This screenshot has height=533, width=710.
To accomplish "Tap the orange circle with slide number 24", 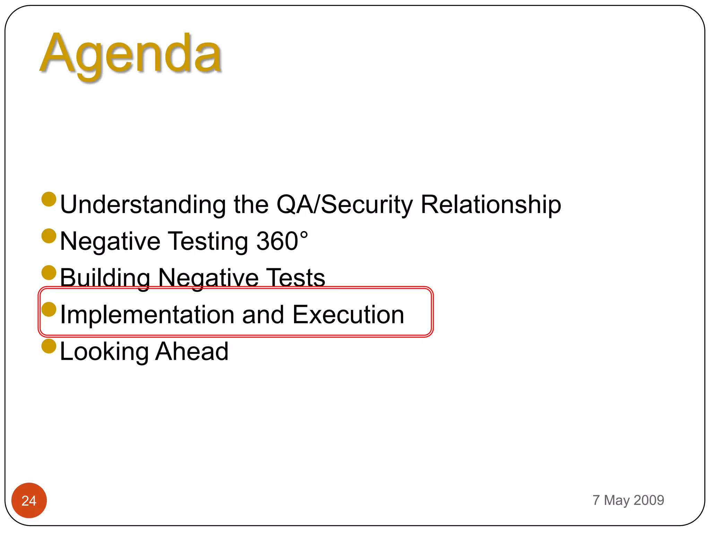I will point(29,500).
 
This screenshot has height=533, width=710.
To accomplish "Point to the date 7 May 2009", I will point(628,500).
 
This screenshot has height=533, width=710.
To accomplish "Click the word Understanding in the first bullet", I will point(143,204).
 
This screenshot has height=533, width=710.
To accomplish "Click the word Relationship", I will point(491,204).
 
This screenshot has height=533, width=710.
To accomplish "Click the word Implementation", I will point(147,314).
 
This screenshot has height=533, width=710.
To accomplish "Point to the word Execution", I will point(348,314).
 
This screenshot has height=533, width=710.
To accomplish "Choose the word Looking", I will point(104,352).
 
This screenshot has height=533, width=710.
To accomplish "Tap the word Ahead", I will point(192,351).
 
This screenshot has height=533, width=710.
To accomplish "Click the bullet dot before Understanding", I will point(49,199).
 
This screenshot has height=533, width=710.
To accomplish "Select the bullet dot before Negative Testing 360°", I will point(49,236).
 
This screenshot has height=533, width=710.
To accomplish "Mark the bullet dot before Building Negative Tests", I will point(49,273).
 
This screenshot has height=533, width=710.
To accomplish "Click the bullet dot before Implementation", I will point(49,309).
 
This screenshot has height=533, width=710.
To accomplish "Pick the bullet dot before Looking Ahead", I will point(49,346).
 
